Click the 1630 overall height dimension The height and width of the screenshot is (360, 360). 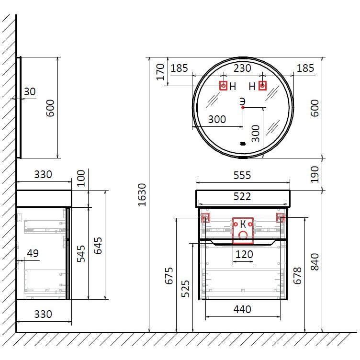(142, 195)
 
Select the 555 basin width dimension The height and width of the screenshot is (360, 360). (242, 175)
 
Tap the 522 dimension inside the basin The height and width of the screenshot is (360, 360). (242, 197)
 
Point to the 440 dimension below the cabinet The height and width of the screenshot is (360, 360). (242, 309)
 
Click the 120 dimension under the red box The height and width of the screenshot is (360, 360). (244, 254)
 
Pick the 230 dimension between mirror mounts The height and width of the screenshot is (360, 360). (242, 68)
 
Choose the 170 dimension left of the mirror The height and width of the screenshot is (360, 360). (160, 72)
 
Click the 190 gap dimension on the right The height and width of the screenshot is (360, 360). (315, 174)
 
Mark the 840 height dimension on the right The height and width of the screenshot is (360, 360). (315, 262)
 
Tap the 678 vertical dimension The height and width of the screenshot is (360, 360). (297, 276)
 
